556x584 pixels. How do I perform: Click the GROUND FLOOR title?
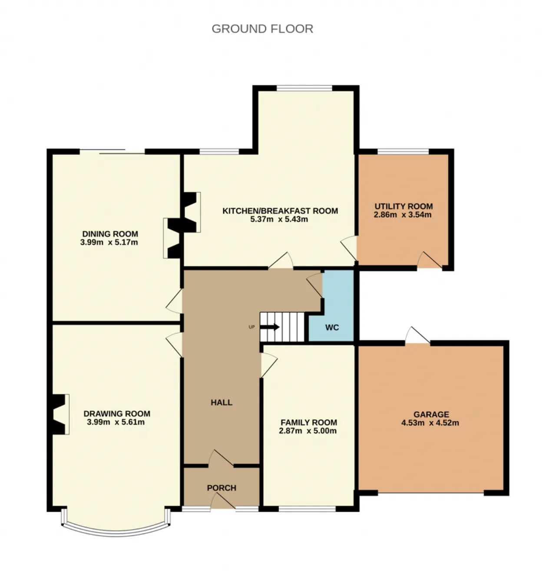coord(262,29)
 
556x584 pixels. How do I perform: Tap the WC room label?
coord(332,327)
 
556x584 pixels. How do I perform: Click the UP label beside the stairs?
coord(252,327)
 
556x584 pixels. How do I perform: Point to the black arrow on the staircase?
coord(270,327)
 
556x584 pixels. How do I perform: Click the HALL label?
coord(222,403)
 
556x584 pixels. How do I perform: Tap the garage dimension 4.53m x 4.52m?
coord(430,423)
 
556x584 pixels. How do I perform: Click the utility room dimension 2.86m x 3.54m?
coord(403,214)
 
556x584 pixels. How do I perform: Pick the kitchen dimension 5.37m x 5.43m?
coord(279,219)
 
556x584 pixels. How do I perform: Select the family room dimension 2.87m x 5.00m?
coord(308,431)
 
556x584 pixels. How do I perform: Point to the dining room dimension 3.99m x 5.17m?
coord(109,242)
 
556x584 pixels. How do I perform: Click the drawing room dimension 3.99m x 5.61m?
coord(116,422)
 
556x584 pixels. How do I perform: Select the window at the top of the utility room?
coord(403,152)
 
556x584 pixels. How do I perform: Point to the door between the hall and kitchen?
coord(281,261)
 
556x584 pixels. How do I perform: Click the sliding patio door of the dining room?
coord(112,151)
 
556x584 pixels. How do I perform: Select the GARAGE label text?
coord(431,414)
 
